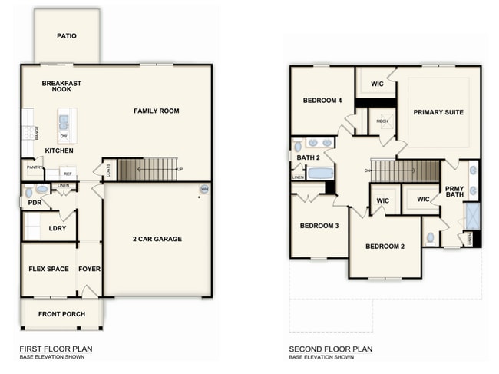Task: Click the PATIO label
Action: click(67, 35)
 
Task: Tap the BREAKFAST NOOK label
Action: click(61, 86)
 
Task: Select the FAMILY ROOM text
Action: click(156, 111)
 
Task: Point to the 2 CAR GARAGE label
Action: click(157, 239)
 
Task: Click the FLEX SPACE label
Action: click(49, 269)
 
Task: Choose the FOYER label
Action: click(90, 269)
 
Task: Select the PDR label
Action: click(35, 204)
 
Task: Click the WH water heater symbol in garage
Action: click(204, 189)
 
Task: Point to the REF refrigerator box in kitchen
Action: click(68, 174)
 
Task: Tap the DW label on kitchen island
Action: click(64, 137)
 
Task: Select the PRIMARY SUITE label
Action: click(438, 112)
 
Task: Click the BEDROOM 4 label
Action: click(322, 101)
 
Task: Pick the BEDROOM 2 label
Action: click(385, 246)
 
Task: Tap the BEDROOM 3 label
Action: click(319, 225)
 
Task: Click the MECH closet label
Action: click(382, 120)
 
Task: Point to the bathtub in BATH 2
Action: click(320, 173)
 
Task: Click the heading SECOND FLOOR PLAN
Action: click(331, 348)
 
